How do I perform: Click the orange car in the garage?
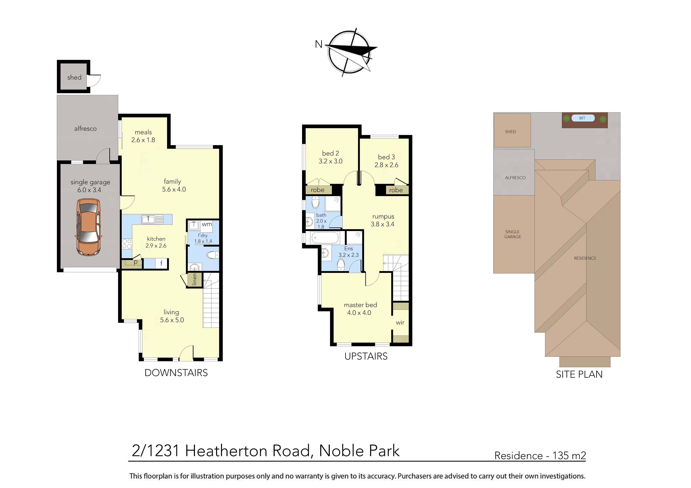88,227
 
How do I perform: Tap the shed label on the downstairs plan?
74,78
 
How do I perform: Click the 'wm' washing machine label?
207,224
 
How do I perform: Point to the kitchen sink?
148,219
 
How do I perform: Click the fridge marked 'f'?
161,264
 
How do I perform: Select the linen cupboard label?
194,279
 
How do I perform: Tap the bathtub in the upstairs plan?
325,238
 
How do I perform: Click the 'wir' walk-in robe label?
400,323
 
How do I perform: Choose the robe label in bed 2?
318,190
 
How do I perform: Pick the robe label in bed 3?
396,190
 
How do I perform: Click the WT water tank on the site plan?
582,118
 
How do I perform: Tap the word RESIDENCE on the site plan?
585,258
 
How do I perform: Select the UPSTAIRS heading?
366,356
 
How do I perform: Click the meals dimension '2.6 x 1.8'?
143,140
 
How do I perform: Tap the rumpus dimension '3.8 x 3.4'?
383,224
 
